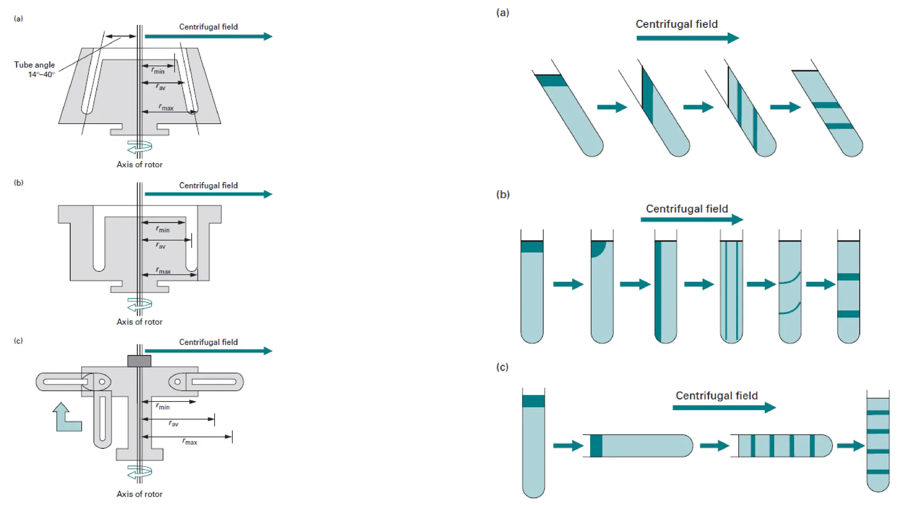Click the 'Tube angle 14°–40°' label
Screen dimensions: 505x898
(x=35, y=69)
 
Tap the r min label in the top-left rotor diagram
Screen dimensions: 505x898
(x=158, y=71)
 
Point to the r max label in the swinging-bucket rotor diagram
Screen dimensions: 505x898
(x=189, y=441)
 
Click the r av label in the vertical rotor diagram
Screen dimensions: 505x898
(x=161, y=246)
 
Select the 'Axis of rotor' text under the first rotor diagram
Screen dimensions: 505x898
(x=139, y=164)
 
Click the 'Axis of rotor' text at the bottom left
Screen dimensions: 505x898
(x=139, y=494)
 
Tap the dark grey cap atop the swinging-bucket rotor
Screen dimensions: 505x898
(x=139, y=361)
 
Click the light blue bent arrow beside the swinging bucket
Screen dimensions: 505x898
(x=66, y=418)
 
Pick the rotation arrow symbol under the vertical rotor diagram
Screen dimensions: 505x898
(x=140, y=304)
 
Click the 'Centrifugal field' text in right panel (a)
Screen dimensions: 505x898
(x=677, y=24)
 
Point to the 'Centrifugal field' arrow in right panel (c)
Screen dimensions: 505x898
(x=724, y=408)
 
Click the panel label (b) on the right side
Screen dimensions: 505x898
(x=503, y=194)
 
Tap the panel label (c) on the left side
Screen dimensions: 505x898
(x=18, y=341)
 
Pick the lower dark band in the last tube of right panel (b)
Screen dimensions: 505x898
(x=848, y=314)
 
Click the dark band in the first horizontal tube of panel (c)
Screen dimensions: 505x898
(x=596, y=446)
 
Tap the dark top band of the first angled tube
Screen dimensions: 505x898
(x=551, y=81)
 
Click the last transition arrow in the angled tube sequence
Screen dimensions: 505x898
(x=785, y=107)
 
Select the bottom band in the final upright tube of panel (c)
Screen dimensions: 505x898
(x=878, y=472)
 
